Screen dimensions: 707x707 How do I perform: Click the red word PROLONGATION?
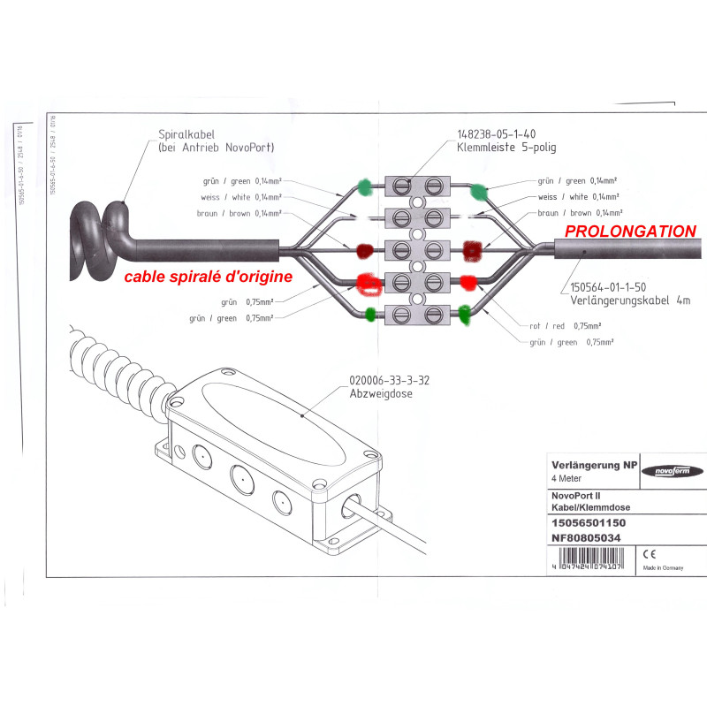(630, 232)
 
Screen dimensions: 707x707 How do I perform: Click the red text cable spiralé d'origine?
(208, 277)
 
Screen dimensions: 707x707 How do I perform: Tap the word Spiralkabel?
(183, 135)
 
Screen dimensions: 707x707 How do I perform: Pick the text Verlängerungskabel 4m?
(630, 300)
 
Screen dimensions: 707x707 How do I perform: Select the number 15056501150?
(589, 523)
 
